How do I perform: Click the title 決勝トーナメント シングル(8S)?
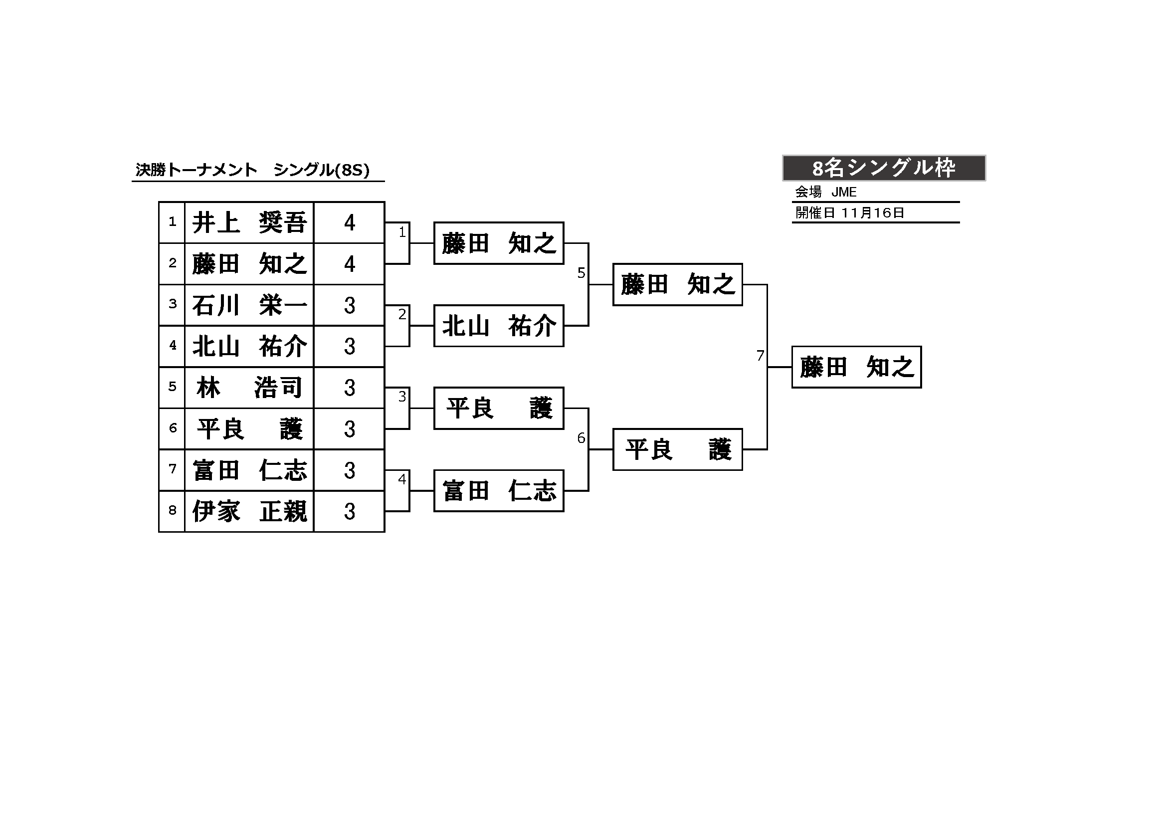252,170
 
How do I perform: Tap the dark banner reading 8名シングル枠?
884,168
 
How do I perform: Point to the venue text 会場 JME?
826,192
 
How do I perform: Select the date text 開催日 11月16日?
850,213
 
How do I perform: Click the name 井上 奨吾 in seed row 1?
249,222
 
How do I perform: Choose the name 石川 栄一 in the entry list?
249,305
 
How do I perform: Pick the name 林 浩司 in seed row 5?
249,388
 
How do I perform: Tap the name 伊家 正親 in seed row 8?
249,511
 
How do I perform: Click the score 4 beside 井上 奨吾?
350,222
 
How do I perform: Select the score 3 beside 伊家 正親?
350,511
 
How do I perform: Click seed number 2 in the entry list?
173,263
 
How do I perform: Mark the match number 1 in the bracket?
402,232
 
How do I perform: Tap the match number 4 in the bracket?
402,479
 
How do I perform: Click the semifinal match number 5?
582,273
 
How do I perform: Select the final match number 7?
760,356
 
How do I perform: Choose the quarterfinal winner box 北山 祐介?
499,326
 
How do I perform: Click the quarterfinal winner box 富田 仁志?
499,491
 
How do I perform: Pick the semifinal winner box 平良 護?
677,449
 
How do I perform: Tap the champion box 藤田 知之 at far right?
857,367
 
